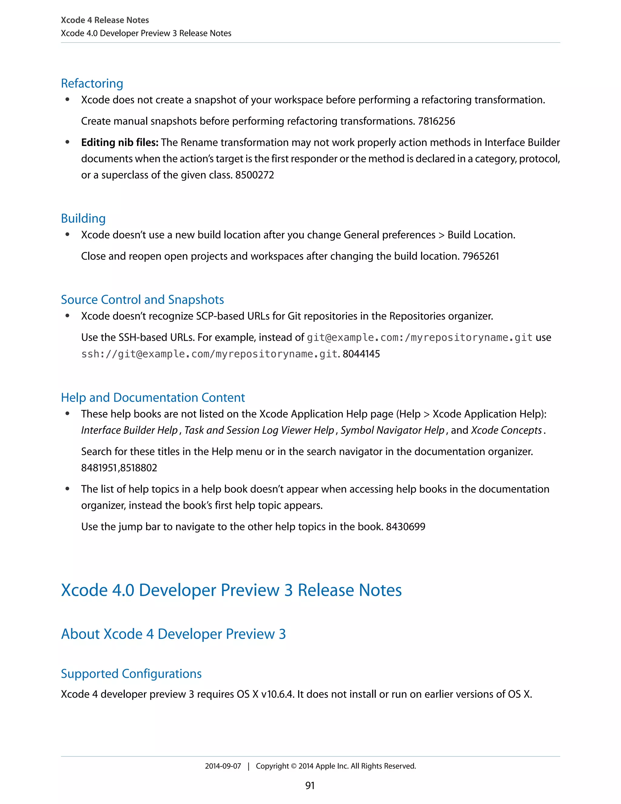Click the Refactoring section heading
(92, 83)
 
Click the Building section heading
(83, 218)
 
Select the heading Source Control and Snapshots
(143, 300)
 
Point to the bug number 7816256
(436, 121)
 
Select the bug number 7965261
(481, 256)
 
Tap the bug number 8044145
(361, 354)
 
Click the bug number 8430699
(405, 527)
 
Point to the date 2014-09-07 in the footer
(223, 766)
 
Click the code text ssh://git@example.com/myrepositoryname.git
(209, 354)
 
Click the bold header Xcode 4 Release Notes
(105, 20)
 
